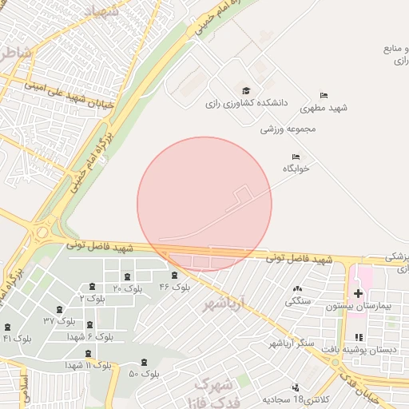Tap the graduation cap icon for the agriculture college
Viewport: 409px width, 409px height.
(246, 90)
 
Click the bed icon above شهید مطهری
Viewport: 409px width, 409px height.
(324, 94)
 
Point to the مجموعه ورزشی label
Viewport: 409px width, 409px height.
(288, 128)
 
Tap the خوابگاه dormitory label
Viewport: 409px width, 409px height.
(296, 169)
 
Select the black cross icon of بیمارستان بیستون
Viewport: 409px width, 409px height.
(358, 293)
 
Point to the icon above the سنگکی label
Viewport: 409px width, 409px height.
(298, 288)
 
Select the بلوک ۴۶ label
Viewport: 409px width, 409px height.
(175, 287)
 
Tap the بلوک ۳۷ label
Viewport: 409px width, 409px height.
(60, 320)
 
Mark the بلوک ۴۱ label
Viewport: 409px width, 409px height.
(17, 339)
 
